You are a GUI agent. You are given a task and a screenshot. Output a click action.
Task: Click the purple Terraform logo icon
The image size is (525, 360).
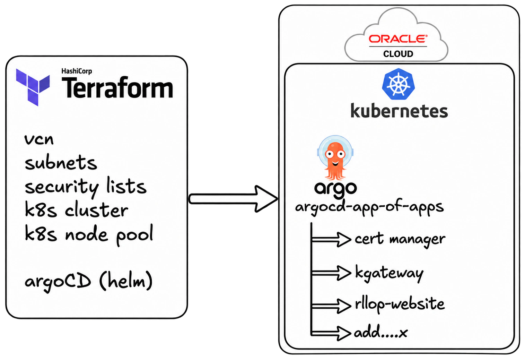point(33,87)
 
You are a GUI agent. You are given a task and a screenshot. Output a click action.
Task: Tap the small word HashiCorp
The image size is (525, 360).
point(77,71)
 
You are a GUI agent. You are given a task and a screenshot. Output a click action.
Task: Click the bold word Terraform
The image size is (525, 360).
point(117,87)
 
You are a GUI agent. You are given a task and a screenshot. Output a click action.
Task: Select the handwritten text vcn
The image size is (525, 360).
point(39,139)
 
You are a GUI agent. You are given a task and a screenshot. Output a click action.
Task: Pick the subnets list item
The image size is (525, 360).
point(61,162)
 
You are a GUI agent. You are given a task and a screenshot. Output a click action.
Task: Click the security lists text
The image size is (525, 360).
point(86,187)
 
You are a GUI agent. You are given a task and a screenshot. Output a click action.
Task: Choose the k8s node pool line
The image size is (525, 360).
point(89,235)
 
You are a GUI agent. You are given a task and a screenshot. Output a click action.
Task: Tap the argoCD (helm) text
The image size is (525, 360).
point(89,281)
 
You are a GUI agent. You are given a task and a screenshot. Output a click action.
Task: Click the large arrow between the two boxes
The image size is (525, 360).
point(233,199)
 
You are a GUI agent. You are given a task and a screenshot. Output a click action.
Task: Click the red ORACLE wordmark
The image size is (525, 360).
point(398,39)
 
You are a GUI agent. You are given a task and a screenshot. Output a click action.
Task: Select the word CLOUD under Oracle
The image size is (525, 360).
point(398,54)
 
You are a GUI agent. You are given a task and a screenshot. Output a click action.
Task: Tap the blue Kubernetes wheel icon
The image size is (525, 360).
point(398,84)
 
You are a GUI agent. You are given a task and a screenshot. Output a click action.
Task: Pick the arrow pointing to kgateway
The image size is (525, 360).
point(331,273)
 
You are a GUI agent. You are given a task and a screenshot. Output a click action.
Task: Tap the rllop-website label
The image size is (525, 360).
point(400,304)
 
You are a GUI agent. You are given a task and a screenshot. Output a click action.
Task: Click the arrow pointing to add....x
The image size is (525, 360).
point(331,333)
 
